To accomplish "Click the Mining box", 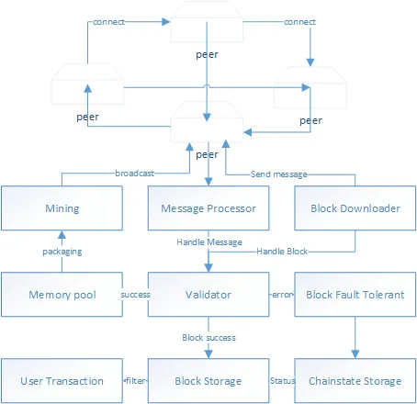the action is point(62,208).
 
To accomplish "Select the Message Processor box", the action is point(208,208).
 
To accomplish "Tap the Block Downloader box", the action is point(355,208).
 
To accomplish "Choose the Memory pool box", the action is point(62,295).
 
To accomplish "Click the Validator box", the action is point(208,295).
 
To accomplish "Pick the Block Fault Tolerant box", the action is point(355,295).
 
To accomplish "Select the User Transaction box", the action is point(62,381).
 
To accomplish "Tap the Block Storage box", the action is point(208,381).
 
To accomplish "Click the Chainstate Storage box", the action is point(355,381).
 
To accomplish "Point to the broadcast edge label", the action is point(134,174).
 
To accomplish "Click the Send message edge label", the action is point(279,174).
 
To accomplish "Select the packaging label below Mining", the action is point(62,252).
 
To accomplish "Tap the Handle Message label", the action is point(209,242).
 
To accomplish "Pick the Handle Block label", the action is point(282,252).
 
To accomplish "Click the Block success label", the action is point(208,338).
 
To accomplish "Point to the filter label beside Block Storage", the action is point(136,381).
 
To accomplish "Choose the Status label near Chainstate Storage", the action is point(283,381).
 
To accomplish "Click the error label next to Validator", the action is point(282,295).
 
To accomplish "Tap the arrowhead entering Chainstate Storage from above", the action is point(355,354).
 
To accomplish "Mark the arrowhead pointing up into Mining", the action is point(62,235).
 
